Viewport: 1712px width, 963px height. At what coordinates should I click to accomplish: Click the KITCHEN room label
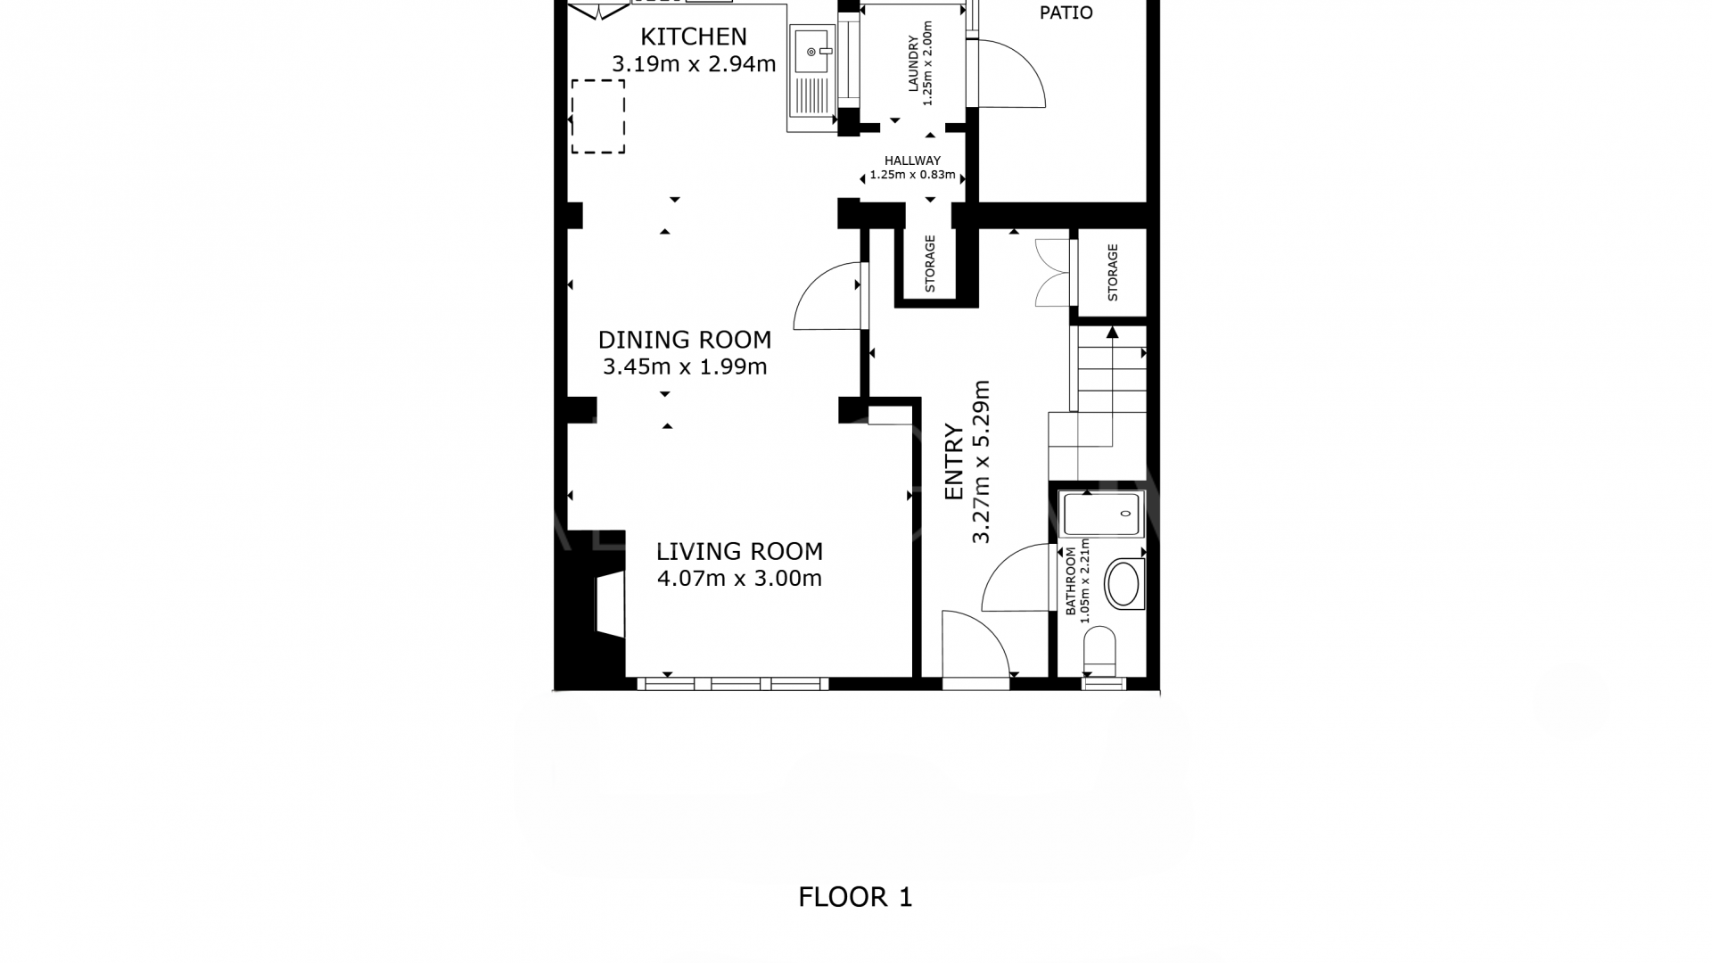[x=694, y=37]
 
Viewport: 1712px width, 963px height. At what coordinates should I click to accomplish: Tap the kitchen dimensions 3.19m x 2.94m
[x=694, y=64]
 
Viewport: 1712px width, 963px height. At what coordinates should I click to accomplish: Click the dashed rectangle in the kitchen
[x=597, y=117]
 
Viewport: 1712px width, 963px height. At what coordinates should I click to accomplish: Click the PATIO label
[x=1066, y=13]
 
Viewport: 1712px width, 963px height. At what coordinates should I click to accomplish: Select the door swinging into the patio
[x=1012, y=75]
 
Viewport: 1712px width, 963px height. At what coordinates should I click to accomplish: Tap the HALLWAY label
[x=912, y=161]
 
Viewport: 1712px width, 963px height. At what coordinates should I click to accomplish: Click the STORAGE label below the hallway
[x=930, y=264]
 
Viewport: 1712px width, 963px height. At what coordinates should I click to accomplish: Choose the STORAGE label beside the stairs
[x=1112, y=273]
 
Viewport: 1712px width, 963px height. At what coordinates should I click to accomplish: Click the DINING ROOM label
[x=685, y=340]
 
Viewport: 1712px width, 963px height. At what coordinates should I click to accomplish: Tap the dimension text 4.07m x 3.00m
[x=739, y=579]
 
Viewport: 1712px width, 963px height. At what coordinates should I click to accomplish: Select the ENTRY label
[x=954, y=463]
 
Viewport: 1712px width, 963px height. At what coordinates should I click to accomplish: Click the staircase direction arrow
[x=1112, y=333]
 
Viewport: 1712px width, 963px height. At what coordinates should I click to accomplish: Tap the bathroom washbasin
[x=1123, y=585]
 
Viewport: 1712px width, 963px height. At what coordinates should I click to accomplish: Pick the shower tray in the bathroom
[x=1101, y=514]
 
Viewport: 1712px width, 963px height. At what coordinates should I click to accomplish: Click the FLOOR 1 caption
[x=855, y=897]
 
